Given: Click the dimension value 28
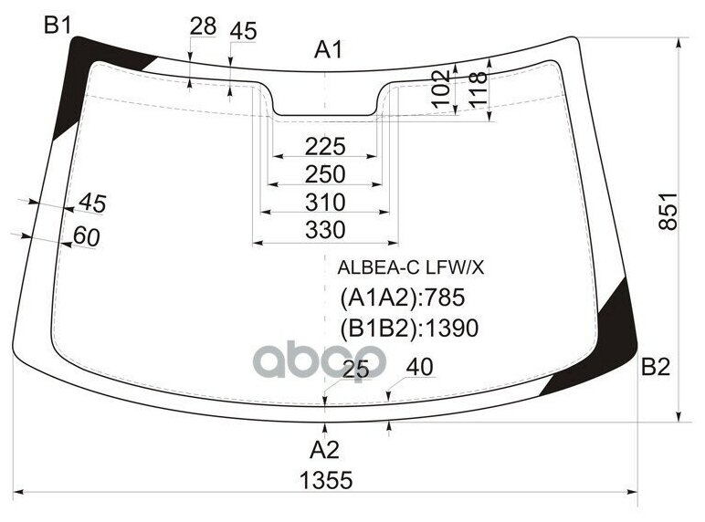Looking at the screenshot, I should pyautogui.click(x=203, y=27).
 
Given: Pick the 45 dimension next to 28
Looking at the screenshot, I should pyautogui.click(x=243, y=31).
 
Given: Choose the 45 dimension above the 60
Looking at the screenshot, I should pyautogui.click(x=92, y=204).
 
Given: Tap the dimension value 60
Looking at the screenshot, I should pyautogui.click(x=86, y=236).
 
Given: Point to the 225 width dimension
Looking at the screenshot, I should pyautogui.click(x=325, y=146).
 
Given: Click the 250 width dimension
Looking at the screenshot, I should pyautogui.click(x=325, y=174).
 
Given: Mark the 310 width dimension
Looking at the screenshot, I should pyautogui.click(x=325, y=202).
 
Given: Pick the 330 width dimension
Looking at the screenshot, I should pyautogui.click(x=325, y=230).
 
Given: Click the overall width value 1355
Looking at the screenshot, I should pyautogui.click(x=326, y=480).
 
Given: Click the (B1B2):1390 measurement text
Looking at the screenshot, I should pyautogui.click(x=409, y=328).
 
